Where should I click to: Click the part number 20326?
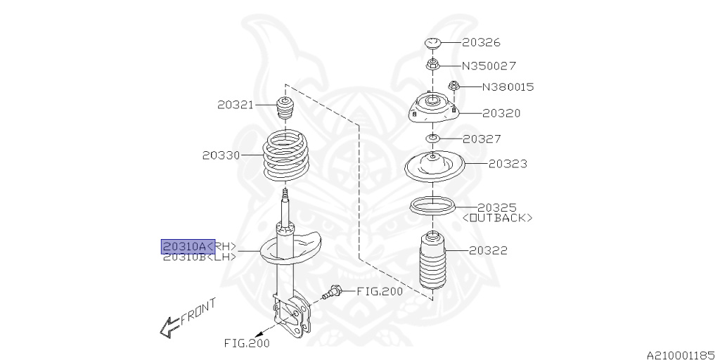(481, 43)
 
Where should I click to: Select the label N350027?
(499, 65)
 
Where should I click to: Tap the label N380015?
(508, 87)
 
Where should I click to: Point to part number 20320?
(501, 112)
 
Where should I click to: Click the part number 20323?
(508, 164)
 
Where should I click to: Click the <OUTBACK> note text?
(497, 218)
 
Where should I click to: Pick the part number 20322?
(488, 250)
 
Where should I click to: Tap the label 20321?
(235, 105)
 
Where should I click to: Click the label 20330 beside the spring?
(221, 155)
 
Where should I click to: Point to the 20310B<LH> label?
(199, 257)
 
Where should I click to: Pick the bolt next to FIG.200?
(333, 291)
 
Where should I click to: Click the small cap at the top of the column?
(432, 44)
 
